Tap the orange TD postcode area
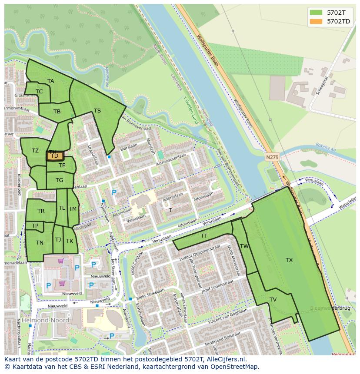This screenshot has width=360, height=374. [55, 156]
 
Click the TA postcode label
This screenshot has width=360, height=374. [51, 81]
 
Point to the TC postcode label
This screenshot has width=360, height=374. [39, 92]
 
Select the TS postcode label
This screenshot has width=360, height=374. [97, 111]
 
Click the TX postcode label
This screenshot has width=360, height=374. [289, 260]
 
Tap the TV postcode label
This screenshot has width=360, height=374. [273, 300]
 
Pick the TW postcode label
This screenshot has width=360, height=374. [245, 246]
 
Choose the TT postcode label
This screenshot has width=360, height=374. [204, 236]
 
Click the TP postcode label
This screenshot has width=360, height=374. [35, 226]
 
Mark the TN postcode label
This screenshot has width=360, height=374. [40, 243]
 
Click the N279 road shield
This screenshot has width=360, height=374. [272, 157]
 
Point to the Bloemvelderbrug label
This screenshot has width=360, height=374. [330, 308]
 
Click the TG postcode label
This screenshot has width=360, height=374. [59, 180]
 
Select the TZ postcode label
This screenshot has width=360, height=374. [35, 151]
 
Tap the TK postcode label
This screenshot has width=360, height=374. [70, 241]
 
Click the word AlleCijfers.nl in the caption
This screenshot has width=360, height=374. [226, 360]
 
